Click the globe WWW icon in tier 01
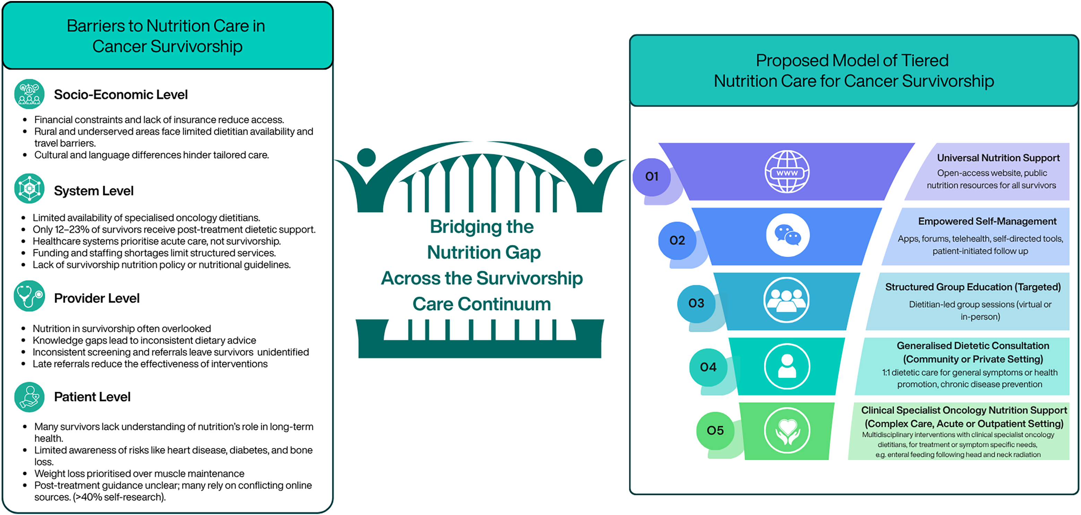pyautogui.click(x=787, y=172)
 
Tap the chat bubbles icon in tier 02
pyautogui.click(x=787, y=235)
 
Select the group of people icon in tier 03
pyautogui.click(x=786, y=300)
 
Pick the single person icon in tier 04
pyautogui.click(x=787, y=366)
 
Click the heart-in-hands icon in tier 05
pyautogui.click(x=787, y=431)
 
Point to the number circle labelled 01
pyautogui.click(x=652, y=176)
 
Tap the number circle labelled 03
pyautogui.click(x=696, y=303)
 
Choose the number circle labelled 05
pyautogui.click(x=715, y=431)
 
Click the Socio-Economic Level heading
pyautogui.click(x=121, y=95)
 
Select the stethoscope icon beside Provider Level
pyautogui.click(x=29, y=296)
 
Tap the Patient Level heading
pyautogui.click(x=92, y=397)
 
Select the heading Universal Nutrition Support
pyautogui.click(x=998, y=158)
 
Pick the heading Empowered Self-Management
pyautogui.click(x=987, y=221)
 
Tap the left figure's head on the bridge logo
pyautogui.click(x=366, y=158)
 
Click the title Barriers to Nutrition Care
pyautogui.click(x=166, y=26)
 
